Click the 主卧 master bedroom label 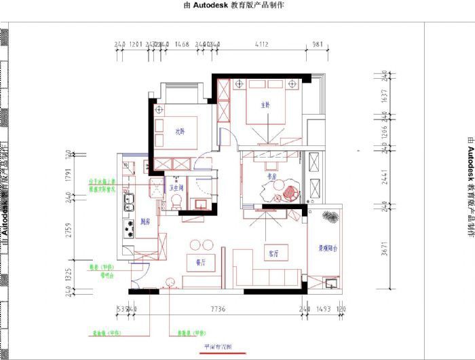click(266, 105)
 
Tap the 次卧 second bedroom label click(180, 131)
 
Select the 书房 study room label click(273, 177)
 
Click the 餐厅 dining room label click(200, 261)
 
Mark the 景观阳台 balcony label click(330, 249)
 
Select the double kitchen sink click(128, 201)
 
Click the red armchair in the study click(290, 192)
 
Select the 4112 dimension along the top click(261, 44)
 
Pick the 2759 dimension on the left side click(69, 230)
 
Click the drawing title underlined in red click(218, 346)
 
